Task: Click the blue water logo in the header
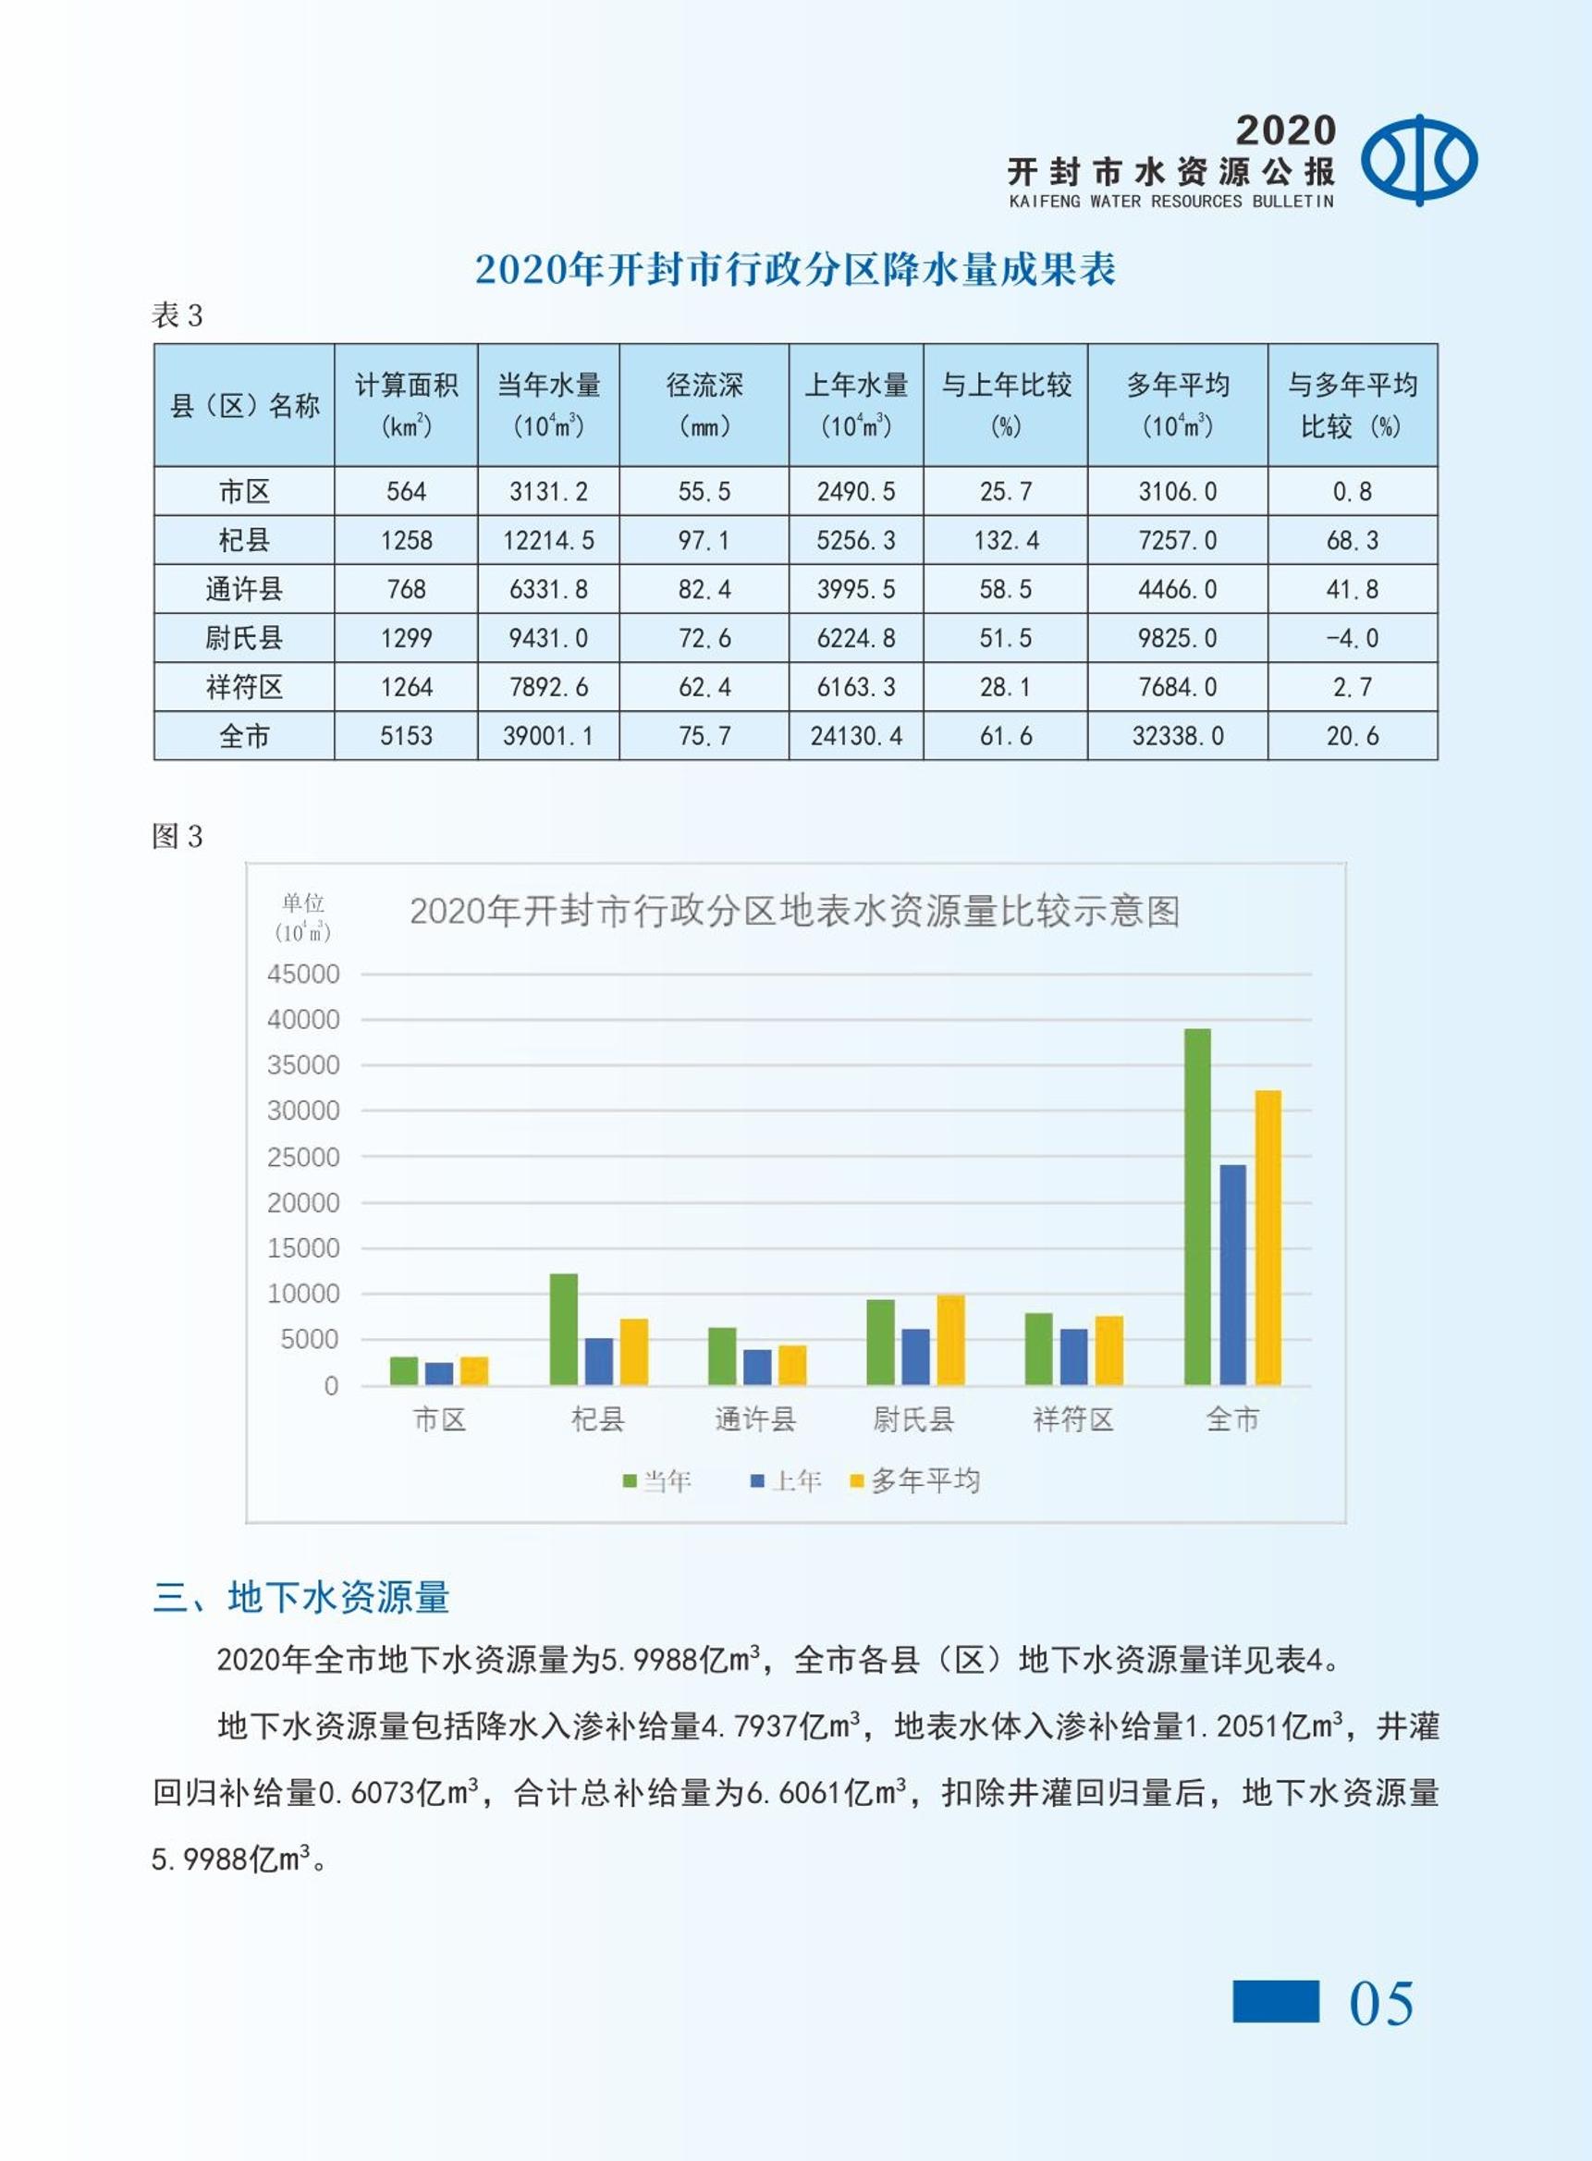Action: coord(1418,160)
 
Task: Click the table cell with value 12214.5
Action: coord(548,540)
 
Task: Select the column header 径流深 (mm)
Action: coord(704,405)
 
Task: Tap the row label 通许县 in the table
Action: coord(244,589)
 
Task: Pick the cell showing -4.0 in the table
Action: coord(1352,638)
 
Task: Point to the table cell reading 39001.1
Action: coord(548,736)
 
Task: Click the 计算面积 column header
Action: coord(406,405)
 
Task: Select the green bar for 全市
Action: coord(1197,1207)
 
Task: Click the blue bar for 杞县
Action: coord(598,1361)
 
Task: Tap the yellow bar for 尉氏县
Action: coord(950,1340)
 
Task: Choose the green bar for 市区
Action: coord(404,1370)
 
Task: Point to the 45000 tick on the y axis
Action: coord(303,974)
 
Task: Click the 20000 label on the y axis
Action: coord(303,1202)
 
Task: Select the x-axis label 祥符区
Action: coord(1072,1418)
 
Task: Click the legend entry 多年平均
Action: coord(914,1480)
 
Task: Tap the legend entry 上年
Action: coord(786,1480)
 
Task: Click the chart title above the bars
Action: coord(795,911)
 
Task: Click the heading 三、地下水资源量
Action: coord(300,1597)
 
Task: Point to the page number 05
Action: coord(1381,2005)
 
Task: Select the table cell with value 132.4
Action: coord(1005,540)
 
